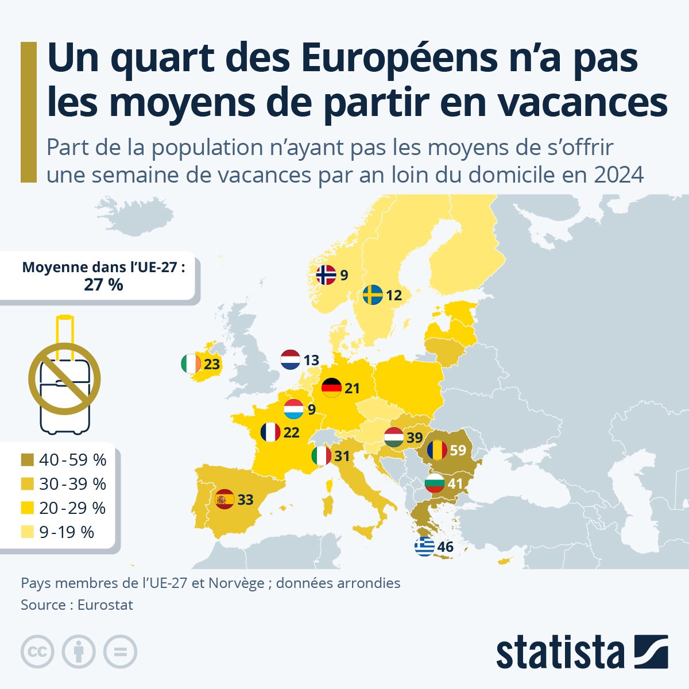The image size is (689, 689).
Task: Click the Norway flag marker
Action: (x=326, y=275)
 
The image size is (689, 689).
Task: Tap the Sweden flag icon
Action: (x=373, y=295)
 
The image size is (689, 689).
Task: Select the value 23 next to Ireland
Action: (x=212, y=365)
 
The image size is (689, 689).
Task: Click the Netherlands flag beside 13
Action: (x=291, y=360)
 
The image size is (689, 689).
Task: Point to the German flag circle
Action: (x=332, y=388)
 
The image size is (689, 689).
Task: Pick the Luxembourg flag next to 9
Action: (x=294, y=409)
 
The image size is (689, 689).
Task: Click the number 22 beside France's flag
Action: (x=291, y=432)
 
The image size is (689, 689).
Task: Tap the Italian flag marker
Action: (x=321, y=456)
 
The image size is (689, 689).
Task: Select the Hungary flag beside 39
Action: (x=394, y=438)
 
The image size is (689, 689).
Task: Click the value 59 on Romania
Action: (x=458, y=450)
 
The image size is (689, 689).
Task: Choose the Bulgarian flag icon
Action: (x=435, y=483)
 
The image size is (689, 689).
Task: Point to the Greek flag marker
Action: (x=424, y=547)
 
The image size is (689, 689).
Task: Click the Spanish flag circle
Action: (x=224, y=500)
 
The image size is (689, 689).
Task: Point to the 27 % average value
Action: (x=103, y=285)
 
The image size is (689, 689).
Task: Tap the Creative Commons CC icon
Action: (x=37, y=652)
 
